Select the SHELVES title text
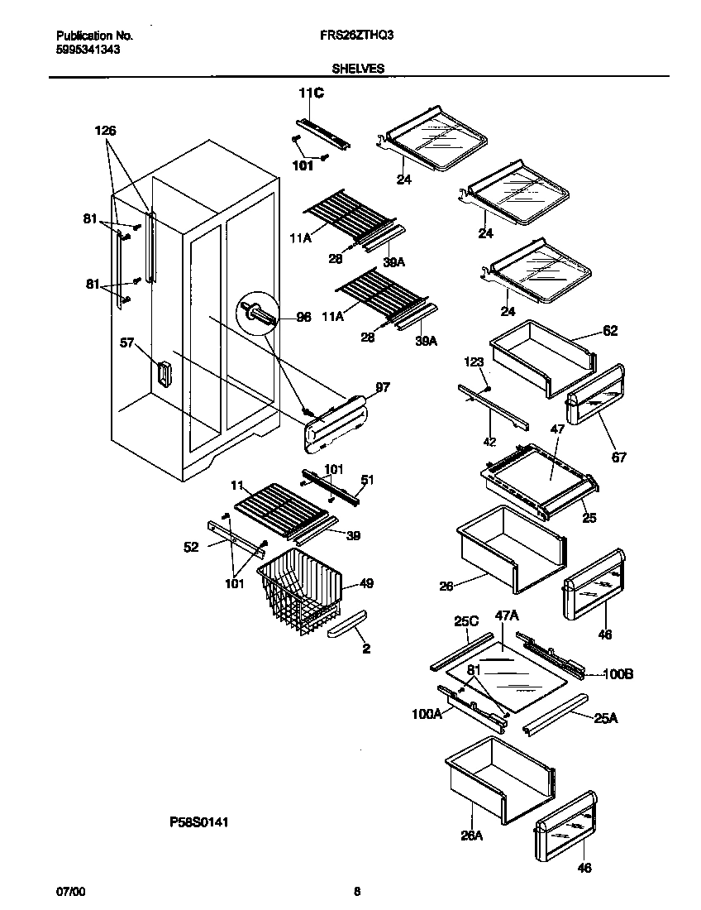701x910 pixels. [358, 69]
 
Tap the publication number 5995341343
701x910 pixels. [88, 50]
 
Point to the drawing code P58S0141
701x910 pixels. [198, 823]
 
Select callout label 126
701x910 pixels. [106, 131]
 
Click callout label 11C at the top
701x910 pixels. [311, 93]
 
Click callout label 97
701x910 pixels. [383, 387]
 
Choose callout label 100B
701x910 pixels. [618, 674]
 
